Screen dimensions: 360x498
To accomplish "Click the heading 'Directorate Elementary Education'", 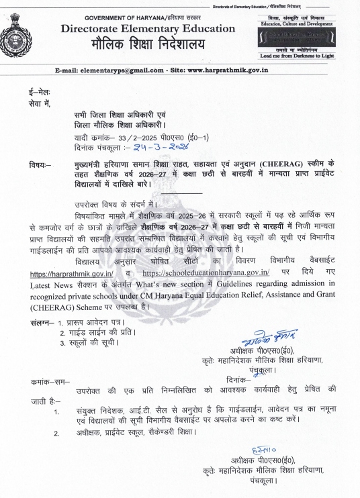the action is pos(148,29).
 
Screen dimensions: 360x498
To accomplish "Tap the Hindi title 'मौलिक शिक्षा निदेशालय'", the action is pos(148,46).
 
